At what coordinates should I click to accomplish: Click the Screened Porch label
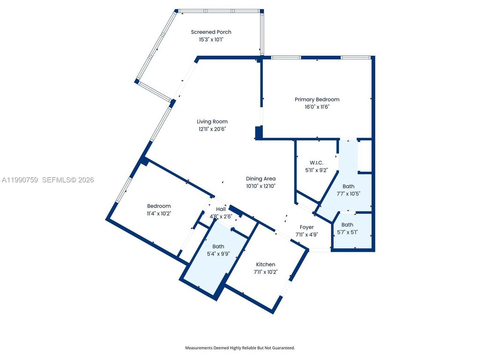point(211,32)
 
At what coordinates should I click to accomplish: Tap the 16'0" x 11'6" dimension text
point(317,107)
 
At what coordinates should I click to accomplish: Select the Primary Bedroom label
point(317,99)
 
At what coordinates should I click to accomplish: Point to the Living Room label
point(212,121)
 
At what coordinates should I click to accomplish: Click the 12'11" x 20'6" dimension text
point(212,129)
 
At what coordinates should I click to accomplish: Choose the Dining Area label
point(261,179)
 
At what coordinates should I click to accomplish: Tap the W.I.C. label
point(317,163)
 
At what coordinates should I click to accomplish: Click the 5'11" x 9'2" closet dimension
point(317,170)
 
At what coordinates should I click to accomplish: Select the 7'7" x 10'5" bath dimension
point(348,193)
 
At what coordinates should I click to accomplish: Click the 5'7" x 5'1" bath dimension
point(347,232)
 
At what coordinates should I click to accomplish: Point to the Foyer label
point(307,227)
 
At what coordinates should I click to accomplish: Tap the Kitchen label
point(265,264)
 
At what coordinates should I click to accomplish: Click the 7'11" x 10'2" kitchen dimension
point(265,272)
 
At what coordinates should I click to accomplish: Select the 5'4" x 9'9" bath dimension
point(218,254)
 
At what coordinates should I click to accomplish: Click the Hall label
point(221,209)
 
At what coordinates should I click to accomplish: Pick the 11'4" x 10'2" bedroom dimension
point(159,213)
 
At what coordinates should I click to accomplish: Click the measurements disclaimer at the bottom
point(240,348)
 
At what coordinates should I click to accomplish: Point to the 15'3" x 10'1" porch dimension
point(211,39)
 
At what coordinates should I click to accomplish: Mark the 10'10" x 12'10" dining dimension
point(261,186)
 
